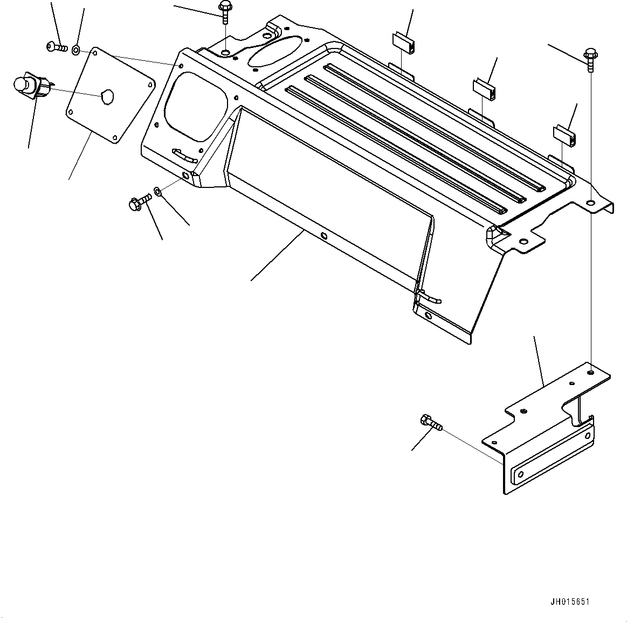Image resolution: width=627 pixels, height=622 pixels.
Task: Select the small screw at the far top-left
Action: tap(56, 48)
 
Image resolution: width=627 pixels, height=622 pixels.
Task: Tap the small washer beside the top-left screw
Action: tap(76, 50)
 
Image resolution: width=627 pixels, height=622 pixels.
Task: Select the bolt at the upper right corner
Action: tap(589, 59)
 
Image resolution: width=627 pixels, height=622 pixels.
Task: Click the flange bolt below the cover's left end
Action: tap(139, 203)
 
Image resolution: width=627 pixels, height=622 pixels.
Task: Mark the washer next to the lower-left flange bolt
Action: tap(157, 191)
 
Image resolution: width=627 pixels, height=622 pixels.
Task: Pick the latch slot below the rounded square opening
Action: tap(183, 155)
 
